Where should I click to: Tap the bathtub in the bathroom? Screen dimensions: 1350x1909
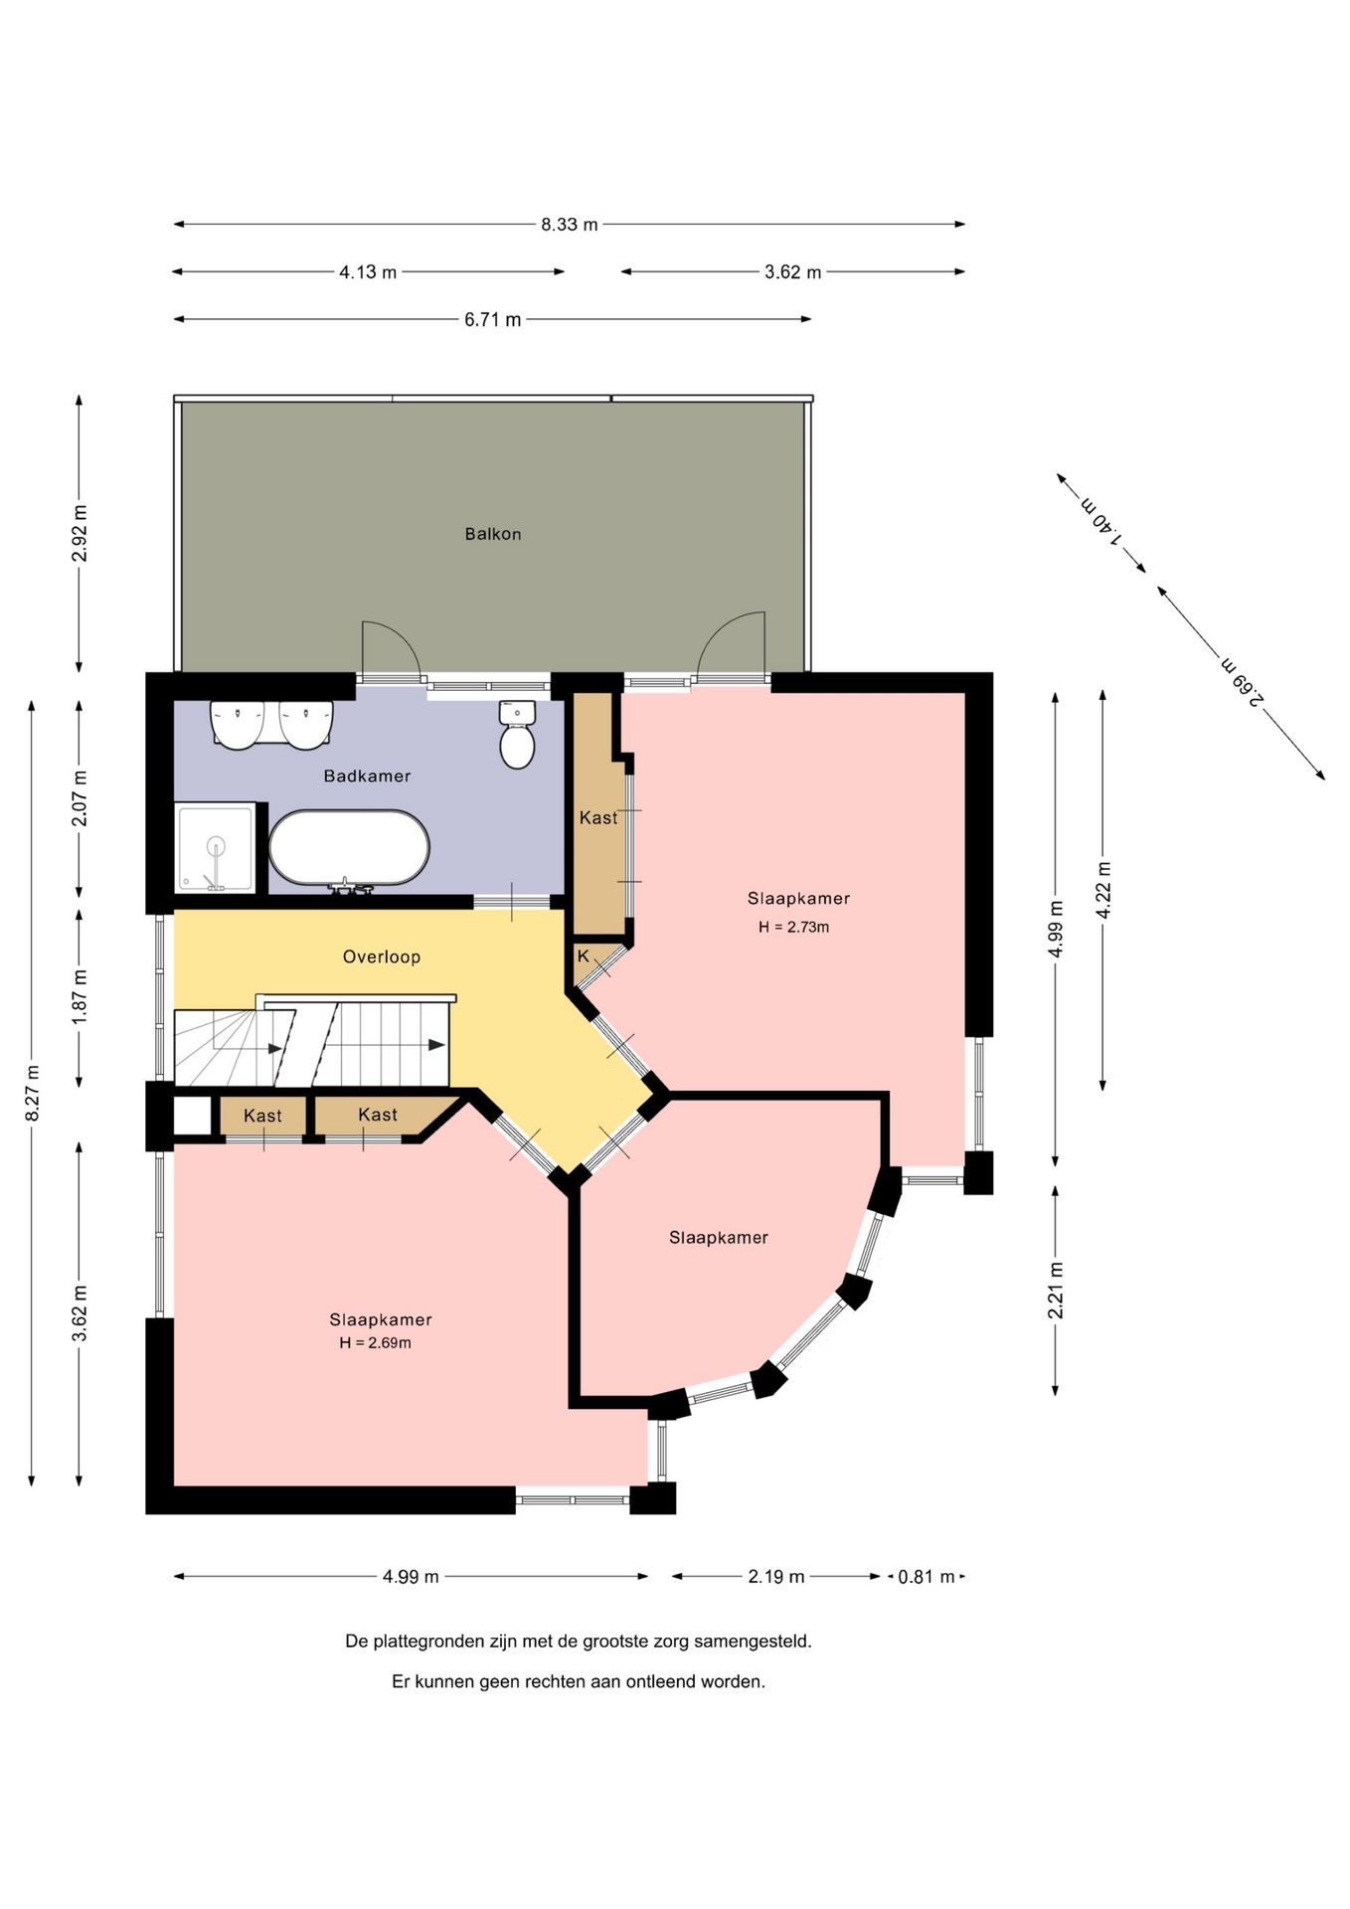click(x=349, y=848)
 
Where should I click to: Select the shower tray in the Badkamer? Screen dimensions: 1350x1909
click(x=216, y=848)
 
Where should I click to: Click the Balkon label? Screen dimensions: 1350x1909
click(x=493, y=534)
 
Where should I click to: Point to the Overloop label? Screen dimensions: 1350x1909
click(x=382, y=956)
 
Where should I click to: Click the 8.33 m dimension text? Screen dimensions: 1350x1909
click(x=570, y=225)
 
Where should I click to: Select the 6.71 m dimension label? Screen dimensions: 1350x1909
click(x=493, y=320)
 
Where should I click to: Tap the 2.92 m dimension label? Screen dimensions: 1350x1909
click(x=80, y=534)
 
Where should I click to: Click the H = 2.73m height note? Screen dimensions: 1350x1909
click(x=793, y=927)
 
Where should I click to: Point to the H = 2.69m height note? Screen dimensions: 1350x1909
click(x=375, y=1342)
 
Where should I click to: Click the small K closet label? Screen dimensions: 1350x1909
click(x=584, y=956)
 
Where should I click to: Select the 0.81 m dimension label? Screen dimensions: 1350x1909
click(x=927, y=1577)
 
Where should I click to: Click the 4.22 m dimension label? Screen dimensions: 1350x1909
click(x=1103, y=891)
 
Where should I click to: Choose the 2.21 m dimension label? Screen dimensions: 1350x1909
click(x=1056, y=1291)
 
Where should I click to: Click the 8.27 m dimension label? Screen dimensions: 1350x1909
click(x=32, y=1093)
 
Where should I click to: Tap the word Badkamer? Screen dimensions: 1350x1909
click(x=367, y=776)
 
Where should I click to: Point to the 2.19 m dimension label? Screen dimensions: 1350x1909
click(x=776, y=1577)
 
